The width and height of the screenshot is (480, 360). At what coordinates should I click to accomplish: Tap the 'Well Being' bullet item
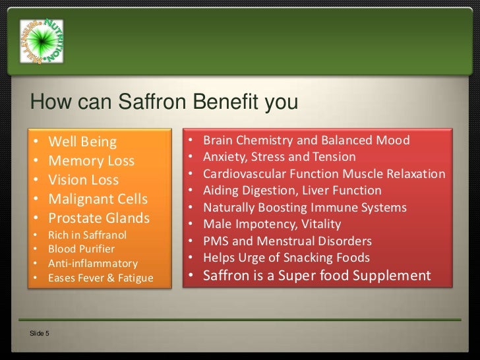click(x=82, y=142)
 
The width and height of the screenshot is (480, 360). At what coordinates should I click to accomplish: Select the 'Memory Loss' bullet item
click(x=92, y=161)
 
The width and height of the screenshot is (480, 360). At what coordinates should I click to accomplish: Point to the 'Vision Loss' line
click(x=84, y=180)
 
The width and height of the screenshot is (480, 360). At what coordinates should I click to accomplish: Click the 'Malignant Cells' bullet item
click(x=98, y=199)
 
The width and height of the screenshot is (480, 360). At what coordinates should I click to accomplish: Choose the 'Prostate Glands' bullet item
click(x=100, y=218)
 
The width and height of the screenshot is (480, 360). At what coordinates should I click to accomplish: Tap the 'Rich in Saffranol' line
click(x=88, y=235)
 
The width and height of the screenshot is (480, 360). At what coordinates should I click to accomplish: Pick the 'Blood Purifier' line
click(x=82, y=249)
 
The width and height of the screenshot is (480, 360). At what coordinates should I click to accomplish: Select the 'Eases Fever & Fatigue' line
click(x=100, y=278)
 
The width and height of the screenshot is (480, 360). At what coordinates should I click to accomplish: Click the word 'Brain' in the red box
click(x=218, y=140)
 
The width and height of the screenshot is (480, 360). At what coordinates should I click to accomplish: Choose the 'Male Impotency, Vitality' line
click(x=271, y=224)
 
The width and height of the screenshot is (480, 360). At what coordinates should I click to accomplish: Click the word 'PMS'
click(x=216, y=241)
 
